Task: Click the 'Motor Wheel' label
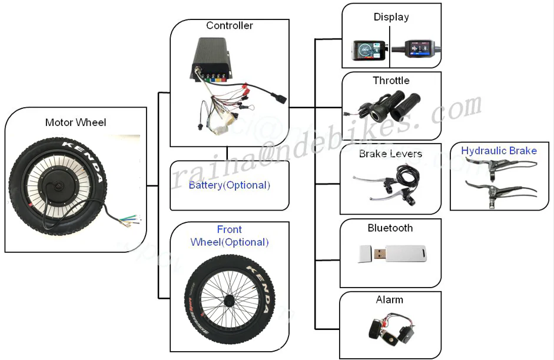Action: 75,122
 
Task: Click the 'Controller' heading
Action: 229,25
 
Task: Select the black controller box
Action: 221,59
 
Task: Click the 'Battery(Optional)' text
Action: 229,185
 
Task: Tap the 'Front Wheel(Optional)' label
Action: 229,235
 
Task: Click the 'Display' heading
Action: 391,17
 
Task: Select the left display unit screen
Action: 366,51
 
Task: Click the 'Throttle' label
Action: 391,81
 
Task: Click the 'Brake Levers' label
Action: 390,154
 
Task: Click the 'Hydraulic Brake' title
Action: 499,151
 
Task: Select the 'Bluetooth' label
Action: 390,228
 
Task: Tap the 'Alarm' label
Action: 389,300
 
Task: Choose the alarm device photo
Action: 390,329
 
